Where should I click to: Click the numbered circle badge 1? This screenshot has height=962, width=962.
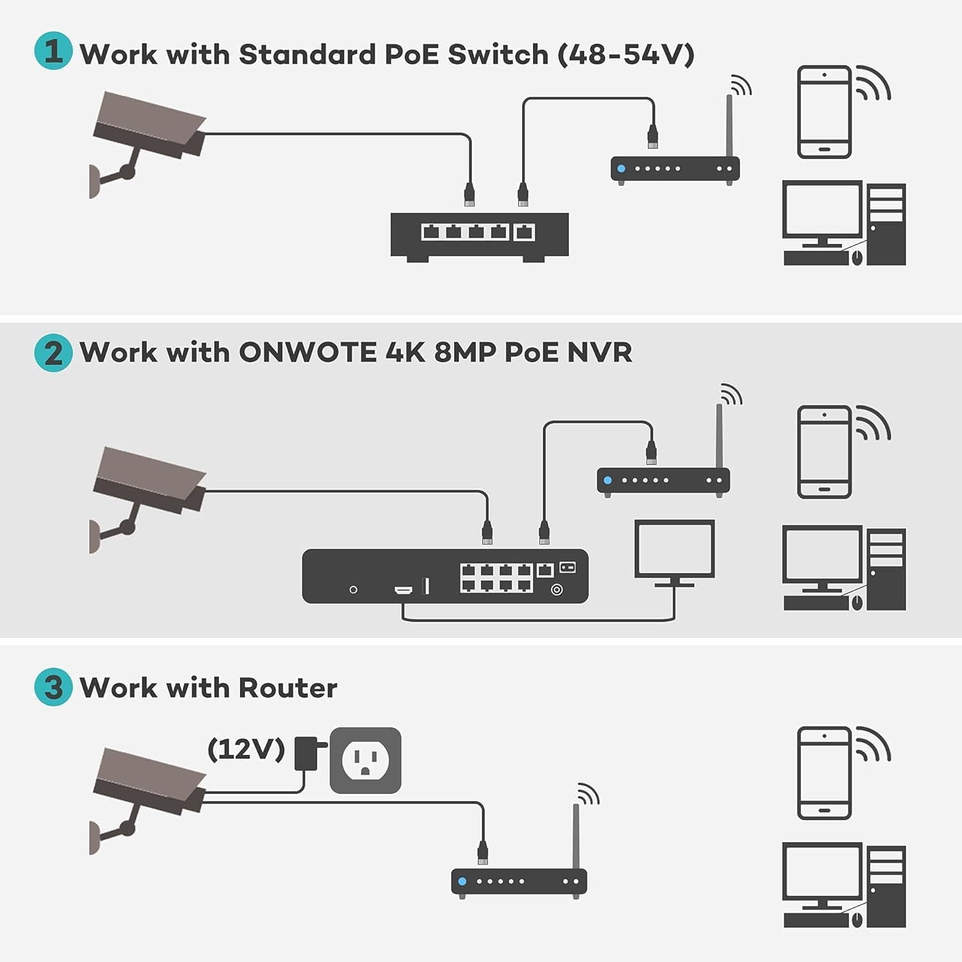[x=53, y=51]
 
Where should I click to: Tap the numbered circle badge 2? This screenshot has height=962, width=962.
[x=53, y=353]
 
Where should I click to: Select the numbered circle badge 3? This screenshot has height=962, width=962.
[x=53, y=687]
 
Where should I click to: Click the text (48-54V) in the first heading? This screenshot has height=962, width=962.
[x=625, y=55]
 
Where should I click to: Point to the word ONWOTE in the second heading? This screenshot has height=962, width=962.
[x=308, y=353]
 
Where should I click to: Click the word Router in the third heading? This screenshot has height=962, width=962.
[x=287, y=688]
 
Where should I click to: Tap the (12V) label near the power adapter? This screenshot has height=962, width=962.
[x=246, y=748]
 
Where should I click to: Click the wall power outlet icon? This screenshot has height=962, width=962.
[x=365, y=761]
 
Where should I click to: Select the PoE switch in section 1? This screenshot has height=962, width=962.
[x=479, y=235]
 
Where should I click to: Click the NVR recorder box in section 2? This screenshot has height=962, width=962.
[x=444, y=576]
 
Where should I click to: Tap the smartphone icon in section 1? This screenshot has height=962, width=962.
[x=824, y=112]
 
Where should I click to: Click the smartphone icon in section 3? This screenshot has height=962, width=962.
[x=824, y=773]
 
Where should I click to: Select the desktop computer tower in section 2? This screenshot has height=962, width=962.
[x=886, y=569]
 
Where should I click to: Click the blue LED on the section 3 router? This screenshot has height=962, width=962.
[x=462, y=881]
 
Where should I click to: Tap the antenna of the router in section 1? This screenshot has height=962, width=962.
[x=729, y=125]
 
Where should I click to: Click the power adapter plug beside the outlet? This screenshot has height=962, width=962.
[x=307, y=753]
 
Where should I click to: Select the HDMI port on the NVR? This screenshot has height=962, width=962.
[x=403, y=589]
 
